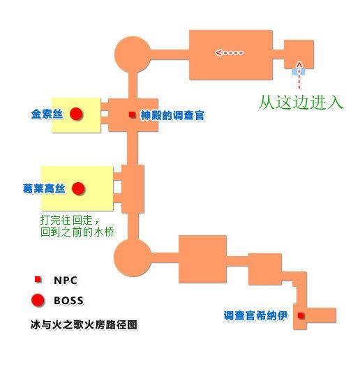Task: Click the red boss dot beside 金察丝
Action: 76,114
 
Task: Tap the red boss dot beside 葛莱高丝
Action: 78,188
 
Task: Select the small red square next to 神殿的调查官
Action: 133,114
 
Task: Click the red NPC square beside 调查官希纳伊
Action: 301,315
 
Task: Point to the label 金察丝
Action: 47,114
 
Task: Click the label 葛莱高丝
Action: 44,188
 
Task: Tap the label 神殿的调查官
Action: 172,115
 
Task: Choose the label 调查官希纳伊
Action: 255,316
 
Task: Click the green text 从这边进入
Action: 301,103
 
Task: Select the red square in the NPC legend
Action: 38,279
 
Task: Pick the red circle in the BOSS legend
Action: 38,300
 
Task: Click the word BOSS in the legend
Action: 68,301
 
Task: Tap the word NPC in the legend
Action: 66,280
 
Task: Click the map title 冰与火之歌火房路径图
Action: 84,324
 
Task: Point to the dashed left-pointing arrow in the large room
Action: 230,53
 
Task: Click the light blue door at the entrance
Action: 299,71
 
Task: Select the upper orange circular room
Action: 133,54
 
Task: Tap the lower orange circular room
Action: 133,257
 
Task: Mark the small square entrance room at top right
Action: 299,54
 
